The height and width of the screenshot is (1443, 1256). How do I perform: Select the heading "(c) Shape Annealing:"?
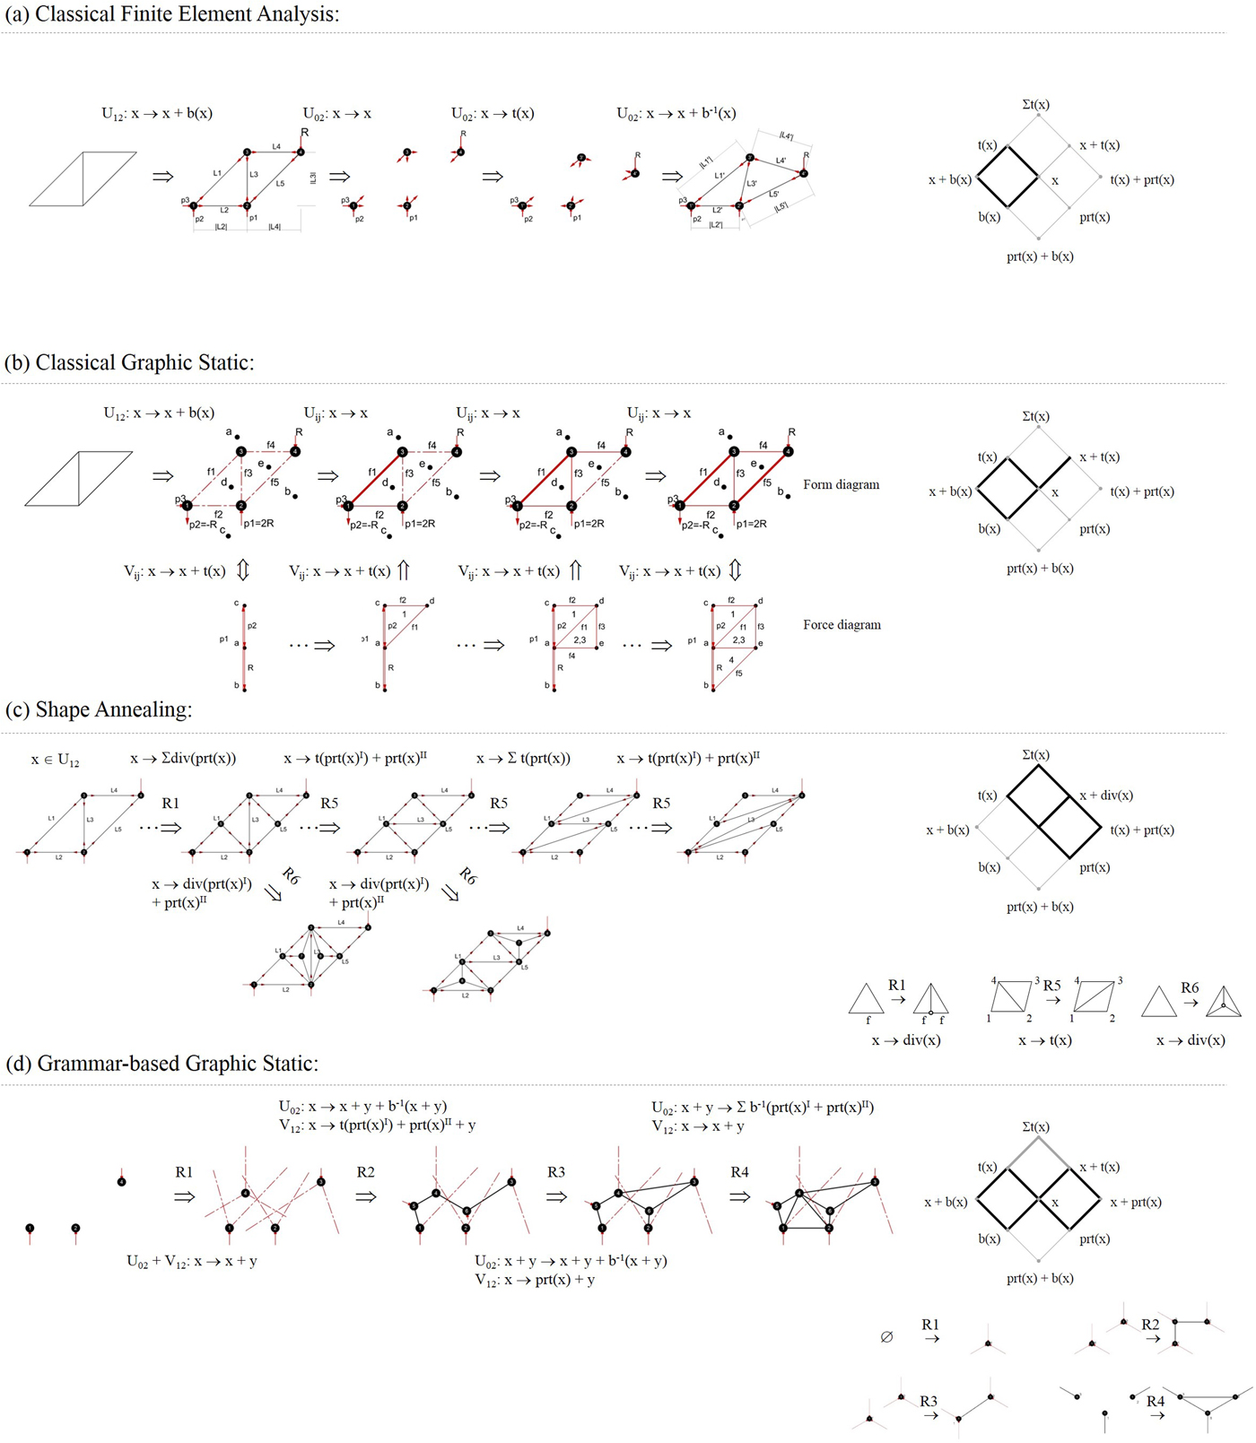99,709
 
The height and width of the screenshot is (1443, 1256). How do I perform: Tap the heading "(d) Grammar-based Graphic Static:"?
162,1064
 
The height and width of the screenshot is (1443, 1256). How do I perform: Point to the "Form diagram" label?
841,484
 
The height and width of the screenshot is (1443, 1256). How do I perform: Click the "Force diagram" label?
842,625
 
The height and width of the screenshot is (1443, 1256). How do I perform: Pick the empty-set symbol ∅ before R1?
886,1337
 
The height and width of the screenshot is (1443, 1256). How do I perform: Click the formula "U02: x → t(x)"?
493,113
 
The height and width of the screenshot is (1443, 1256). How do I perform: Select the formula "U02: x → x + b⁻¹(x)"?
676,113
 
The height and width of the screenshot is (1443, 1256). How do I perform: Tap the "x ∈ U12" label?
56,760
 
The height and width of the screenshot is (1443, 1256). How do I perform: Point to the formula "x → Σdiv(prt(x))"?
183,759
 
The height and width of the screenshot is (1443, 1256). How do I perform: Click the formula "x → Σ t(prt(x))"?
523,759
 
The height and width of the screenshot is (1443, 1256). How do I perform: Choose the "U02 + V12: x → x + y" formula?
192,1261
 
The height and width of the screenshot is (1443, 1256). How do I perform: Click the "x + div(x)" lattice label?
1106,795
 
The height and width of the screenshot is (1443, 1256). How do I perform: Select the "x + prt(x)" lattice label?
1136,1202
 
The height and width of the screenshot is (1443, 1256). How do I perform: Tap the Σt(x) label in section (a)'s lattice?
1036,105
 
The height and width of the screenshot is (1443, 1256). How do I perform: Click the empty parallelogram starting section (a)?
83,178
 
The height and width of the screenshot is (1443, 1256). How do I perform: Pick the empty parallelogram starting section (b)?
79,478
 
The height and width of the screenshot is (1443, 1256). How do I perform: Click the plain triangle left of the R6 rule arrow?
1158,1002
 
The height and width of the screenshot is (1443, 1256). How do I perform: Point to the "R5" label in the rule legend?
1052,986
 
